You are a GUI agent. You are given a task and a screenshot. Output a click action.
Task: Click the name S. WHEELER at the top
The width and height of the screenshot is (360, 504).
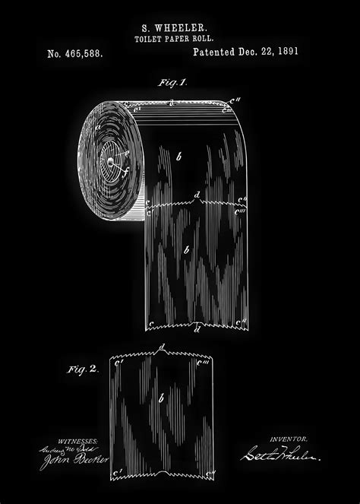[x=180, y=25]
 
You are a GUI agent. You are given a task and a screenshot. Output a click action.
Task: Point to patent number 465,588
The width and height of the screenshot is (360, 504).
[x=75, y=55]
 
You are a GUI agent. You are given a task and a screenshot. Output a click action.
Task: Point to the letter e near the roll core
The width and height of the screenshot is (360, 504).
[x=126, y=153]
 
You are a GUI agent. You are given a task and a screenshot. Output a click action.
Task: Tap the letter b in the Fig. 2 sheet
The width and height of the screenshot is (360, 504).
[x=162, y=398]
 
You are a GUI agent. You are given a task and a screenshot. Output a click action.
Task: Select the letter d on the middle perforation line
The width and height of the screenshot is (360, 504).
[x=197, y=196]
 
